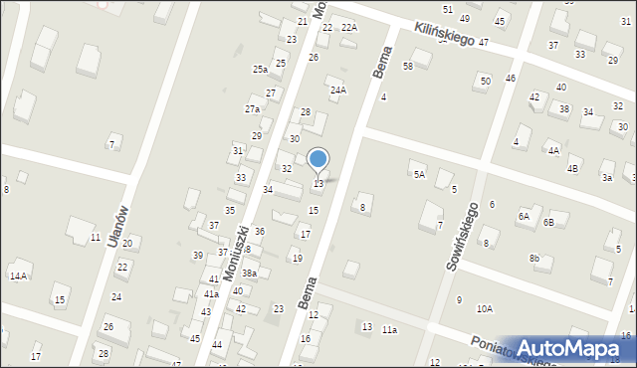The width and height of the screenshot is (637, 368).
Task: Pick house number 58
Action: pyautogui.click(x=408, y=66)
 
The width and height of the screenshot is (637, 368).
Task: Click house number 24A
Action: pyautogui.click(x=338, y=91)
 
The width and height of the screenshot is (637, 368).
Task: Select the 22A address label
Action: pyautogui.click(x=348, y=28)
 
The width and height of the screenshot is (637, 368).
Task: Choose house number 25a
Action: pyautogui.click(x=260, y=70)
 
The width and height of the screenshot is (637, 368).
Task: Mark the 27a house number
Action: pyautogui.click(x=253, y=109)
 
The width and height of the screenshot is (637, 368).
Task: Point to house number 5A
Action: pyautogui.click(x=419, y=174)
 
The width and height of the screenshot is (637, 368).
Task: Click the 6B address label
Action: pyautogui.click(x=548, y=222)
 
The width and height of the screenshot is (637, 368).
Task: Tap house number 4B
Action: pyautogui.click(x=573, y=169)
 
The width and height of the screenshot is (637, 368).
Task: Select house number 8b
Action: pyautogui.click(x=534, y=259)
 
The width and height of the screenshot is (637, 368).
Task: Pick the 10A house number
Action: pyautogui.click(x=484, y=309)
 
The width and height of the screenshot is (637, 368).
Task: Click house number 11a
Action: pyautogui.click(x=389, y=329)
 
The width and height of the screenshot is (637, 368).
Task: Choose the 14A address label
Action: pyautogui.click(x=18, y=276)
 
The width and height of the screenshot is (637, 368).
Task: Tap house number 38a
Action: pyautogui.click(x=250, y=273)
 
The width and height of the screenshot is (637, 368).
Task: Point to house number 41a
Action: pyautogui.click(x=211, y=294)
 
